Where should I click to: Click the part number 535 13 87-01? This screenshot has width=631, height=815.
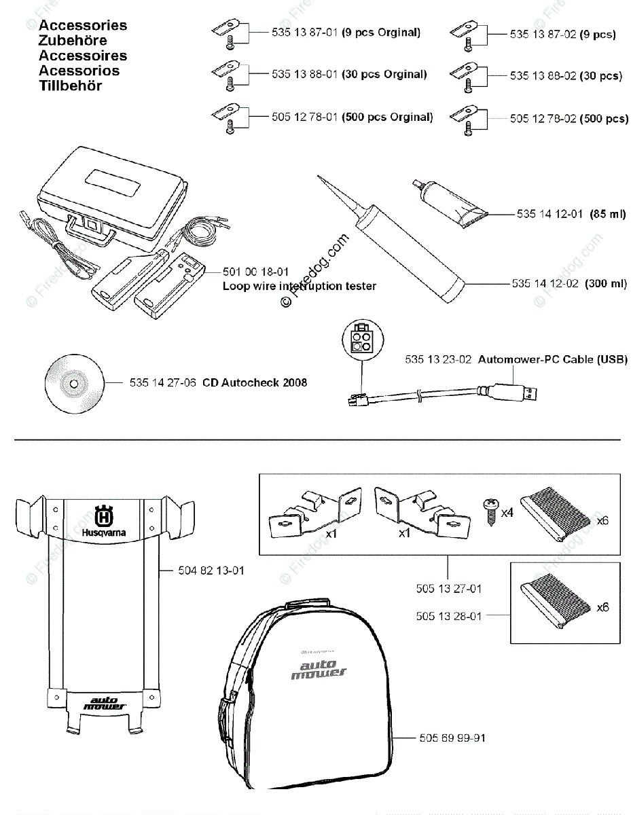coord(304,33)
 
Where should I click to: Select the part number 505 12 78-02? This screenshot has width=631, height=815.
coord(543,119)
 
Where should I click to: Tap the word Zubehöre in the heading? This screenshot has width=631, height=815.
coord(73,41)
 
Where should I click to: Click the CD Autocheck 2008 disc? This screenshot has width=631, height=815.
coord(73,384)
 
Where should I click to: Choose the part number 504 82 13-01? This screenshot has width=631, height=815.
coord(211,571)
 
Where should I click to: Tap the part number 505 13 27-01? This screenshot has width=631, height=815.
coord(449,589)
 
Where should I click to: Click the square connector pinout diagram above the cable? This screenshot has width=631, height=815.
coord(361,338)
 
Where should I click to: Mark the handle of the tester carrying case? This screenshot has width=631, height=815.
coord(88,230)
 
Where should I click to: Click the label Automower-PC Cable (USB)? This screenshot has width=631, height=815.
coord(552,359)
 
